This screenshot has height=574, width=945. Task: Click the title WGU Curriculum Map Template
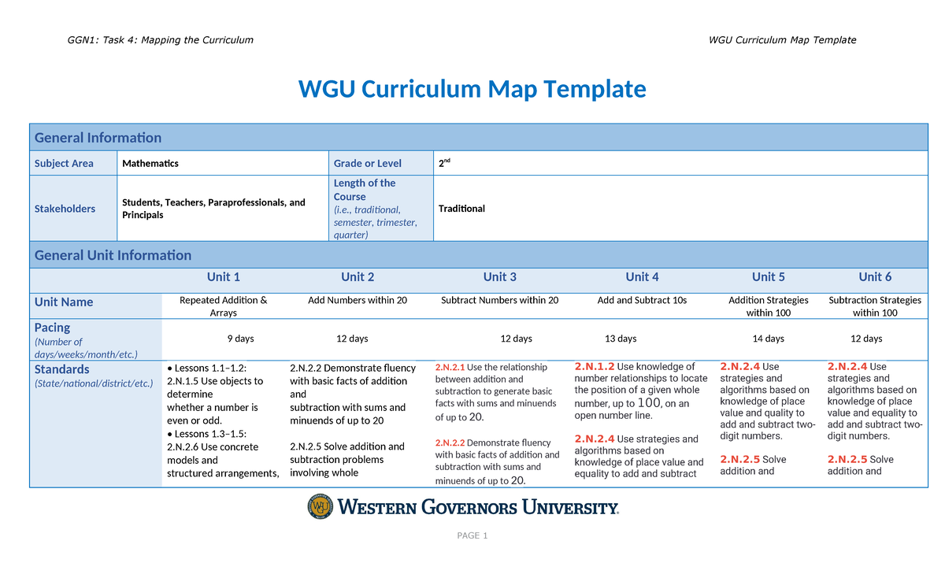coord(472,89)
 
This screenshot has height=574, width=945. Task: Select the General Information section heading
coord(98,138)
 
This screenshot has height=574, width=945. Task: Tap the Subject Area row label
coord(64,164)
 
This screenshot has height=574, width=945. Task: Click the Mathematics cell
coord(150,164)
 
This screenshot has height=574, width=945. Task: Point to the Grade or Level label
coord(367,164)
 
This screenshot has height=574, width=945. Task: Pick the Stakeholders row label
coord(65,209)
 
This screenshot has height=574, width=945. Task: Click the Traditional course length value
coord(461,209)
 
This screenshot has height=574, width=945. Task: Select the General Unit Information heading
coord(113,255)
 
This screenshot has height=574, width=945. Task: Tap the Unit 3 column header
coord(500,277)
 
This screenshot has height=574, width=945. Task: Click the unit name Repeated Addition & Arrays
coord(224,306)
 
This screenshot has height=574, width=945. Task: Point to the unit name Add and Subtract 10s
coord(642,301)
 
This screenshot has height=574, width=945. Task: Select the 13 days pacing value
coord(621,339)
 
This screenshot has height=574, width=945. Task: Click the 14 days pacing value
coord(769,339)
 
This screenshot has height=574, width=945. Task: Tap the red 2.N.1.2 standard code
coord(595,367)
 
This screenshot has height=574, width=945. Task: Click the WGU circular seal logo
coord(321,506)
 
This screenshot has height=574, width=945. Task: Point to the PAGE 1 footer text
coord(472,536)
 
